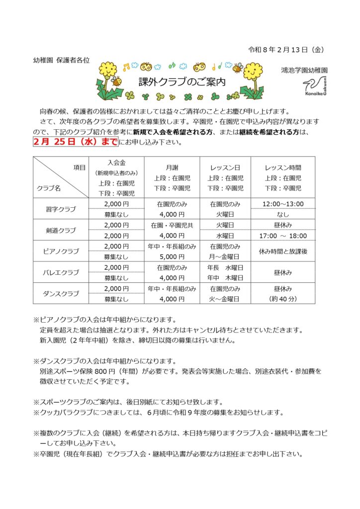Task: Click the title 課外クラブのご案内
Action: tap(181, 82)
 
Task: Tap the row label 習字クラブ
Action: tap(60, 209)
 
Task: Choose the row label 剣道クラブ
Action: tap(60, 230)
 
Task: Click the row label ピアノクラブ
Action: tap(60, 251)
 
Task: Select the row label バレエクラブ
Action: tap(60, 272)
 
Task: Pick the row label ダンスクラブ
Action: tap(60, 293)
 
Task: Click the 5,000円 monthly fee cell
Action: tap(172, 256)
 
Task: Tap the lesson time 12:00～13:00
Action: tap(282, 204)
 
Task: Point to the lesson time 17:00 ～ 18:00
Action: tap(282, 236)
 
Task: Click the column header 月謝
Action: tap(172, 168)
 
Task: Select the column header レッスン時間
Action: tap(282, 168)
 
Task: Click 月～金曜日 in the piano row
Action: tap(225, 256)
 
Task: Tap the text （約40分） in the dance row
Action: tap(282, 299)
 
